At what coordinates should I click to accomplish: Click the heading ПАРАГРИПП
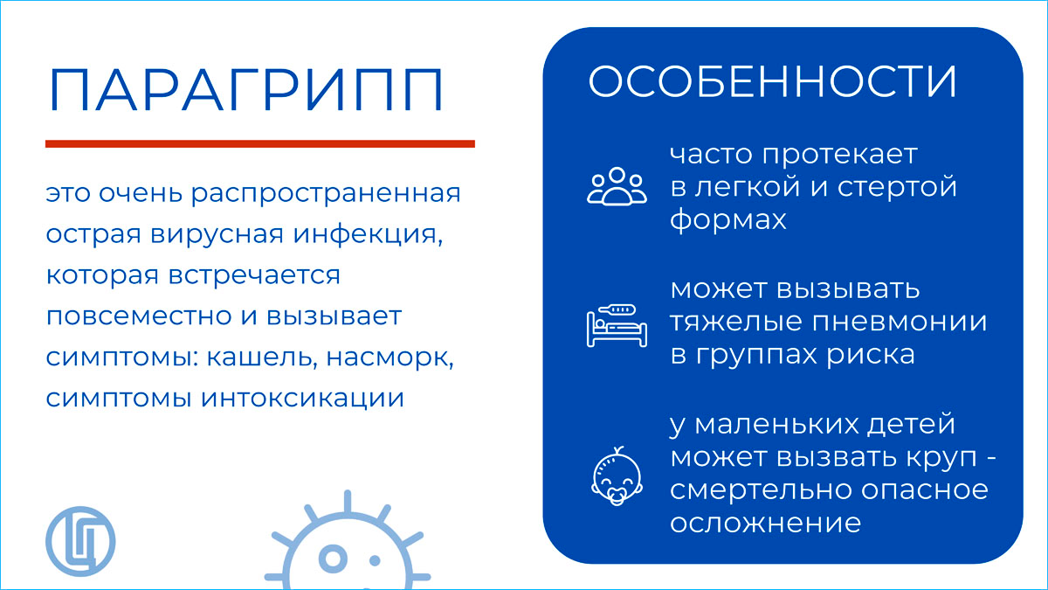tap(245, 90)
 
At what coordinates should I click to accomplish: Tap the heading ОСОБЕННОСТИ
tap(772, 82)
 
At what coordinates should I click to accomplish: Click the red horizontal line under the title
tap(260, 143)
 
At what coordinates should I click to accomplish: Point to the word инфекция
tap(368, 235)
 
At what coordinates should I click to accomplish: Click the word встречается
tap(254, 276)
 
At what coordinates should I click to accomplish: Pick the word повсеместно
tap(139, 316)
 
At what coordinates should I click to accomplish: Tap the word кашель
tap(259, 357)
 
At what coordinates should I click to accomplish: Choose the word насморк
tap(390, 358)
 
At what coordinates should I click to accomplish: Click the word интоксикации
tap(303, 399)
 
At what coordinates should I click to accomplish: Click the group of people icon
tap(617, 186)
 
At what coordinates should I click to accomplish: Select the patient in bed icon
tap(617, 325)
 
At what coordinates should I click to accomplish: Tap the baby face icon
tap(617, 476)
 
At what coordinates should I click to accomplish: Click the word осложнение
tap(765, 523)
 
